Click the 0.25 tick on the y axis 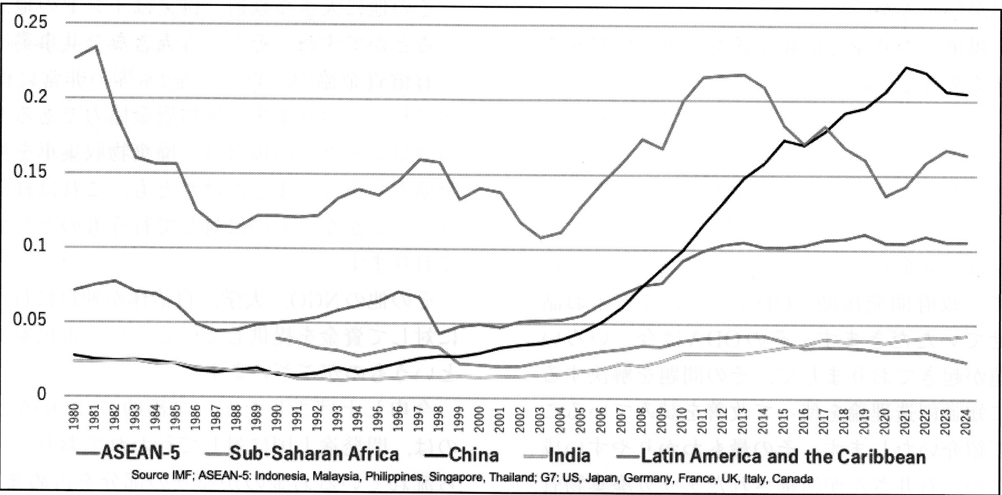[30, 22]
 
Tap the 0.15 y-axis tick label [30, 172]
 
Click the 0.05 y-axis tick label [30, 320]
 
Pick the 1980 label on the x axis [75, 417]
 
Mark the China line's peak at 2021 [905, 68]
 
